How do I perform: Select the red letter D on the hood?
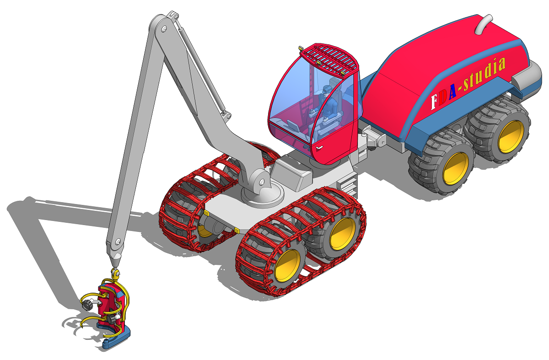(x=443, y=97)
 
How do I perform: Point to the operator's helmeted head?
(x=327, y=90)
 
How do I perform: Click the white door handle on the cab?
(x=319, y=148)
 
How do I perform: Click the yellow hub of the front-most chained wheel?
(x=288, y=266)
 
